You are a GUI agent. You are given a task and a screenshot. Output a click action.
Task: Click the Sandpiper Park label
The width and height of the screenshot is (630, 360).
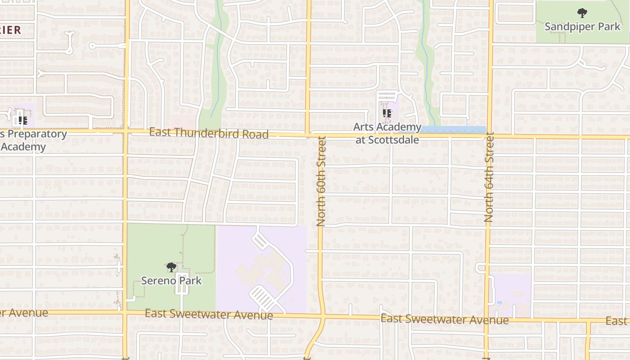click(582, 27)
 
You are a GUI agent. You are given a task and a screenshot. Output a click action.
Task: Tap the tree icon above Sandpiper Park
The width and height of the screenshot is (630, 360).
click(582, 13)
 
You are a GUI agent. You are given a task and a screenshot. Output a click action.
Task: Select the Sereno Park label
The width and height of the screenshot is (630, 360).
click(171, 281)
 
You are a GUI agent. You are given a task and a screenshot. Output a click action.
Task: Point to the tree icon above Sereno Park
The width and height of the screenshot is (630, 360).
click(171, 267)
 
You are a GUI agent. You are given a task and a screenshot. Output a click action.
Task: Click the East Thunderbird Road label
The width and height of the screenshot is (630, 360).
click(209, 133)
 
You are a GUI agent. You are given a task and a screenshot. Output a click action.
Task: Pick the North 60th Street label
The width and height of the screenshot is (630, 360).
click(321, 181)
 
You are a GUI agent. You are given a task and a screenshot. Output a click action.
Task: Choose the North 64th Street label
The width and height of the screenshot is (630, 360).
click(489, 177)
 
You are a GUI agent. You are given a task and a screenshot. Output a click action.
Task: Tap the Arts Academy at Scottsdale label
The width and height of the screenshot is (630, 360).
click(387, 134)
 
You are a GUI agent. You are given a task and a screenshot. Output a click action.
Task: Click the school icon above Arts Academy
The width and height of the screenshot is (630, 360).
click(387, 113)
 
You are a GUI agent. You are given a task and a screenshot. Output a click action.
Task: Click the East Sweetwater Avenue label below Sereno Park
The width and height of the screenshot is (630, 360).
click(209, 314)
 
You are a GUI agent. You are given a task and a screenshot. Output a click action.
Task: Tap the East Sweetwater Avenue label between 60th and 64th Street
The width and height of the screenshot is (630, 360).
click(445, 319)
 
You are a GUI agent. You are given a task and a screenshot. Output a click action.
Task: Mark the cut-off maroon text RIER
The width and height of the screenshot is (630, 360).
click(10, 30)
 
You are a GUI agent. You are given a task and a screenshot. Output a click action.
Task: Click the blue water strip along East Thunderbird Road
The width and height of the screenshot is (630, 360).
click(454, 130)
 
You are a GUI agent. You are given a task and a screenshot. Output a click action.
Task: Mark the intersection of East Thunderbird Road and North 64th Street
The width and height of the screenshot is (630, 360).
click(490, 136)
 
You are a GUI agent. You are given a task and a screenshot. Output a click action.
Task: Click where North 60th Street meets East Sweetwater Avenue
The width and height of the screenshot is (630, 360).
click(323, 317)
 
